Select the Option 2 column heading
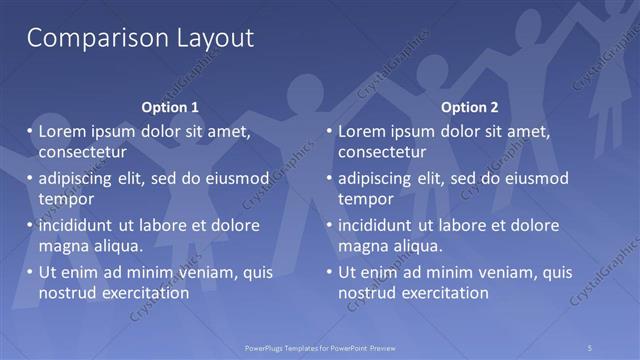[x=469, y=107]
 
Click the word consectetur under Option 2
[x=382, y=152]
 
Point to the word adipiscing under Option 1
[x=78, y=179]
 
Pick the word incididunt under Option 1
[x=77, y=225]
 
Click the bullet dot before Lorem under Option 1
[x=28, y=131]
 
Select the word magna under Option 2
[x=362, y=245]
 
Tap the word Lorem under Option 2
[x=362, y=131]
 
